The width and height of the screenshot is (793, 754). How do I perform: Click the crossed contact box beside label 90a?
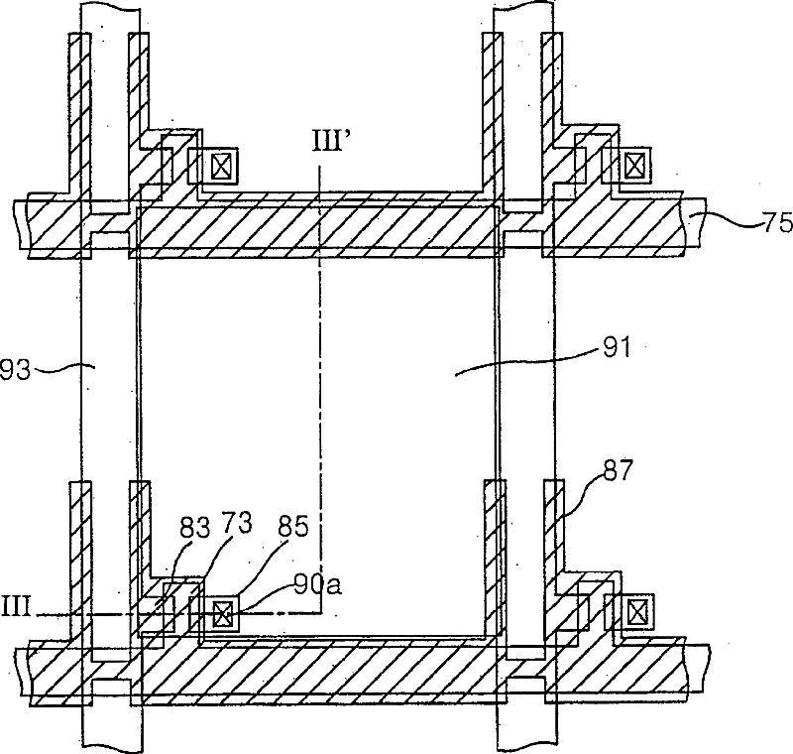click(x=224, y=615)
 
